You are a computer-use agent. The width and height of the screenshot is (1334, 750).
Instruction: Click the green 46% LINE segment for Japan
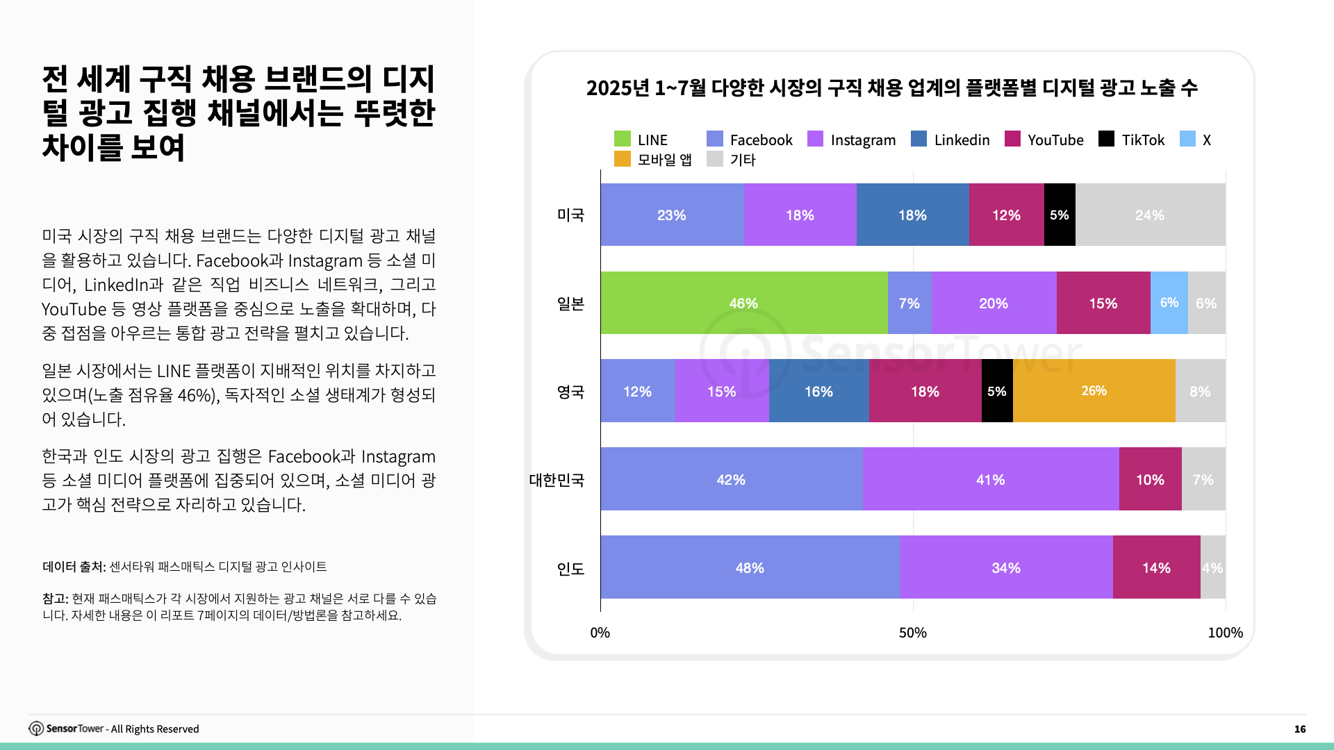(743, 303)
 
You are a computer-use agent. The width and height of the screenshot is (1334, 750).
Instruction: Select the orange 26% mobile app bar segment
(1094, 391)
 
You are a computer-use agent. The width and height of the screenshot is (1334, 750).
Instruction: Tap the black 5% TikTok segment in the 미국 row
(1059, 215)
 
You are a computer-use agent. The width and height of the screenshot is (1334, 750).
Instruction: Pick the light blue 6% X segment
(1169, 303)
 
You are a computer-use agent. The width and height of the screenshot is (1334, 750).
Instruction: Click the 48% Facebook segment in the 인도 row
(750, 568)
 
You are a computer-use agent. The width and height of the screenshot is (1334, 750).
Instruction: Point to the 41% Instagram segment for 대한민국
(990, 480)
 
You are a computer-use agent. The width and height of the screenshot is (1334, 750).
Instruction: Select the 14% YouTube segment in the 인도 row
(1156, 568)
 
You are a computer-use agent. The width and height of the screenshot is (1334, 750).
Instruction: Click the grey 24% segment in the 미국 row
(1150, 215)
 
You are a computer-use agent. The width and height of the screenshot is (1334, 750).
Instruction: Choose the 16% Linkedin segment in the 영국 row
(818, 392)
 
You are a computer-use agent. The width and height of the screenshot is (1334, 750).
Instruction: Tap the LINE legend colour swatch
(622, 140)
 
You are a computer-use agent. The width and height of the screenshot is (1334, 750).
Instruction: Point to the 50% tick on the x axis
(912, 633)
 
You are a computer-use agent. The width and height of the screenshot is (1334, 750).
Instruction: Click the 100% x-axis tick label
(1225, 633)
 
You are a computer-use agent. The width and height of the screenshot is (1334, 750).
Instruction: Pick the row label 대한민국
(557, 481)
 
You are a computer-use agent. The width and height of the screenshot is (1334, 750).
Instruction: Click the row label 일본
(570, 304)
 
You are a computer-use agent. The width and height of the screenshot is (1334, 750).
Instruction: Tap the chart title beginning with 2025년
(891, 88)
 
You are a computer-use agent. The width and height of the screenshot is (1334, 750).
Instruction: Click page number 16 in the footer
(1299, 728)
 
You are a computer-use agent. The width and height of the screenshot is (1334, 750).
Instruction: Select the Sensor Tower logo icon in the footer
(36, 728)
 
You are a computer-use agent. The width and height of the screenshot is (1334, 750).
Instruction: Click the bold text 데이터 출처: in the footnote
(74, 567)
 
